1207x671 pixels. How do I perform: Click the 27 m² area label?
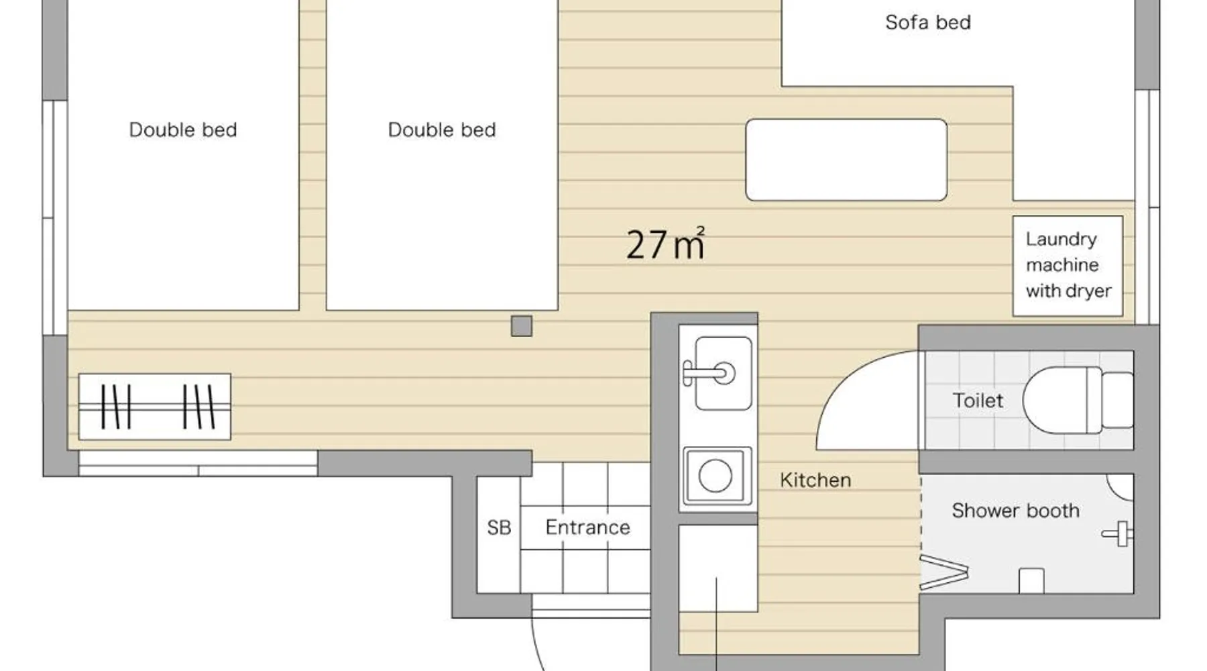[x=665, y=244]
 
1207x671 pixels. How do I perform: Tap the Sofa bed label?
[x=928, y=23]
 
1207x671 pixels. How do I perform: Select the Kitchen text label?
[x=815, y=480]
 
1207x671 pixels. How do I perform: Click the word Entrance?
[x=587, y=527]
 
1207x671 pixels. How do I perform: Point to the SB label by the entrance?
[x=499, y=528]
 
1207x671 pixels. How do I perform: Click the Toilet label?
[x=978, y=401]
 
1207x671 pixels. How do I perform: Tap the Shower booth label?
[x=1015, y=511]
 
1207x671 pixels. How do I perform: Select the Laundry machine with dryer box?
[x=1068, y=266]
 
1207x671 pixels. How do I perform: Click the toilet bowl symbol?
[x=1062, y=400]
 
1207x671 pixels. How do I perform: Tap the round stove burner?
[x=715, y=476]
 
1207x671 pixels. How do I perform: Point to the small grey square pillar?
[x=521, y=326]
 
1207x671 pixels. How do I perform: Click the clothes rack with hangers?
[x=155, y=407]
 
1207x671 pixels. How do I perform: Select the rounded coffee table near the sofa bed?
[x=846, y=160]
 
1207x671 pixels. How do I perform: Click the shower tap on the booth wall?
[x=1118, y=534]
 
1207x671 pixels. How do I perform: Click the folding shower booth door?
[x=943, y=572]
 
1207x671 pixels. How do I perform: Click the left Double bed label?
[x=183, y=130]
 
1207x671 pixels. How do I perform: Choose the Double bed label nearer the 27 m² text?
[x=442, y=130]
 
